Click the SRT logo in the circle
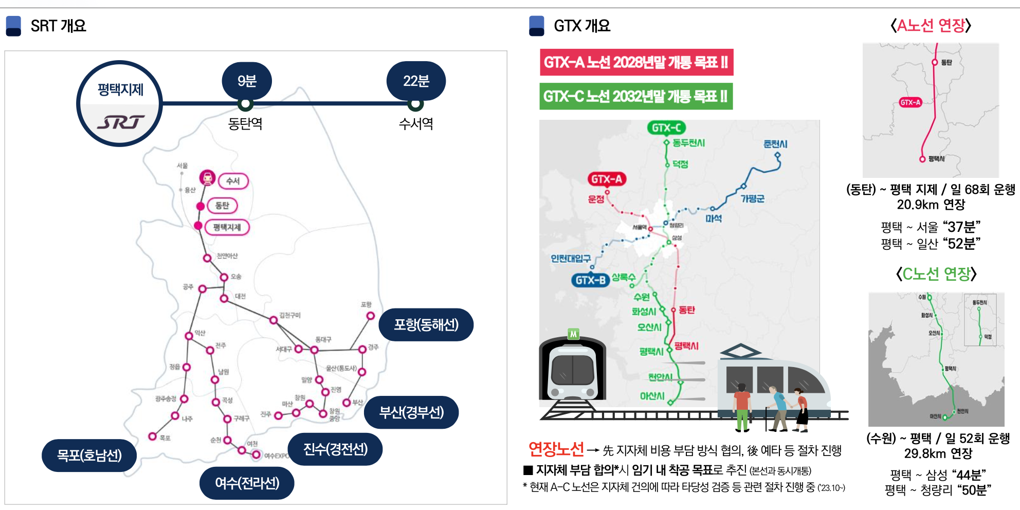click(120, 122)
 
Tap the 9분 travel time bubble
click(247, 81)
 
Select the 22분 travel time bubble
click(416, 81)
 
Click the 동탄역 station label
click(245, 124)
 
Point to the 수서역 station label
click(416, 124)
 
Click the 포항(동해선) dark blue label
click(426, 324)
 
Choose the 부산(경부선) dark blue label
click(411, 412)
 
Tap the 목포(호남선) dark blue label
click(89, 455)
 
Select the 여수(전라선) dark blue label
click(247, 483)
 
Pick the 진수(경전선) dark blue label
click(335, 449)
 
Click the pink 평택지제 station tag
click(227, 227)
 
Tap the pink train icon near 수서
click(207, 177)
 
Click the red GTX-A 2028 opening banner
click(636, 62)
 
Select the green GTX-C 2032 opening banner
click(636, 96)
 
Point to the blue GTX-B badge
click(590, 280)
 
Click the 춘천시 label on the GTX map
click(775, 144)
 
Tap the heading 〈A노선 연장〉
click(931, 26)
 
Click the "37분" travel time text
click(962, 227)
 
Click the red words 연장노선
click(556, 450)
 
